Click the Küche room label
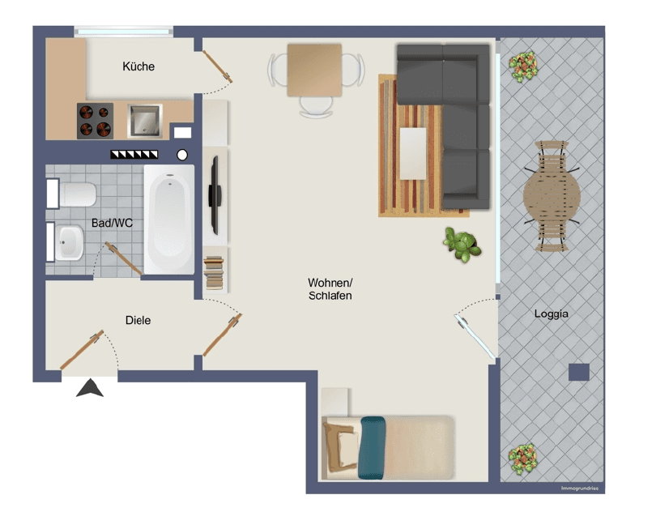click(138, 66)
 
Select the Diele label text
click(138, 320)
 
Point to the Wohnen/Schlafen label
click(330, 289)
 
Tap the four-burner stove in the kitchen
click(95, 121)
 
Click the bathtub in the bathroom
click(169, 220)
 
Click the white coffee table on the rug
click(413, 153)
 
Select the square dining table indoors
click(314, 70)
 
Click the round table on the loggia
click(552, 195)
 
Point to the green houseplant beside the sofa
click(462, 244)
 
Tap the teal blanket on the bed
click(373, 446)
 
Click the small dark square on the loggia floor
click(578, 372)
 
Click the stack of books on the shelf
click(214, 272)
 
